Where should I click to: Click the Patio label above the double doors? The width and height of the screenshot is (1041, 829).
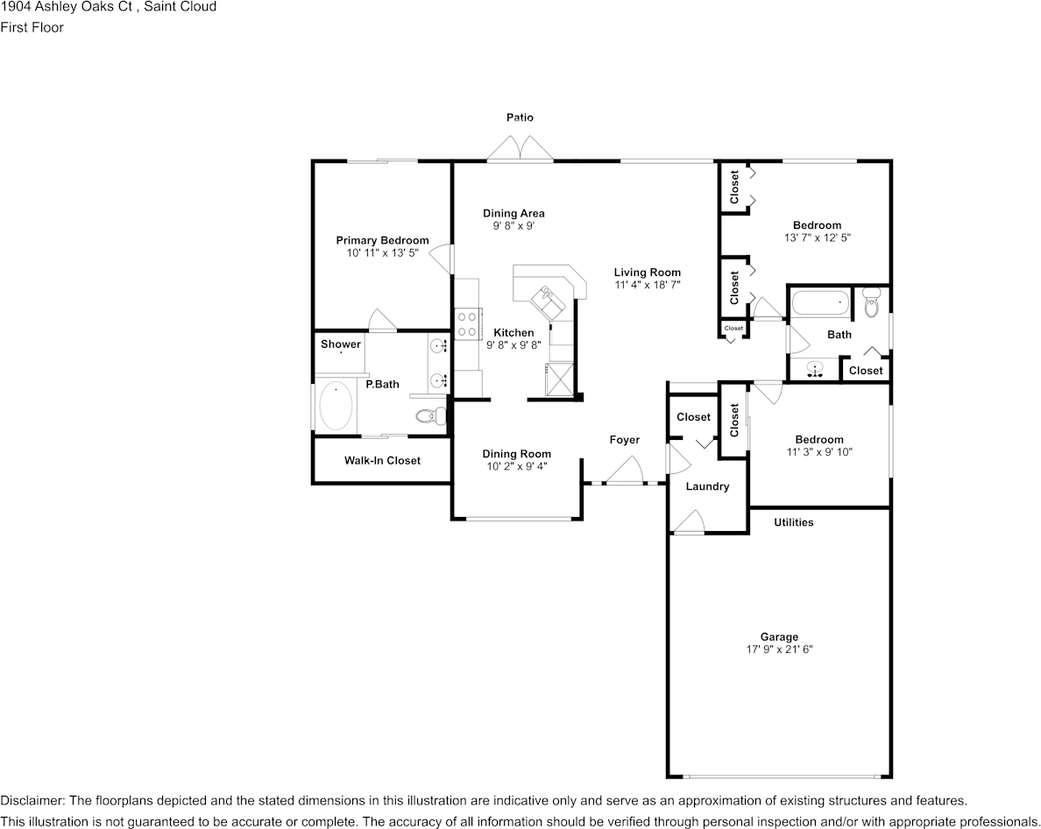(520, 117)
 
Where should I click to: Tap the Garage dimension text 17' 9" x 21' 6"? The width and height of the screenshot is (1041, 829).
(779, 650)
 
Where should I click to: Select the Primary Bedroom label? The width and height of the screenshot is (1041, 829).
(382, 240)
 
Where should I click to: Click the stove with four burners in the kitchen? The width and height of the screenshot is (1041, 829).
(466, 324)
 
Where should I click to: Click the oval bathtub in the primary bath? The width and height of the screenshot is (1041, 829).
(335, 407)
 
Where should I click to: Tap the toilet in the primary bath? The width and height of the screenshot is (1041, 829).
(428, 416)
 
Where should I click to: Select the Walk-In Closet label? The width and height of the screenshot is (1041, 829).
(382, 460)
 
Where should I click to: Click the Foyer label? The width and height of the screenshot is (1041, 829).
(625, 440)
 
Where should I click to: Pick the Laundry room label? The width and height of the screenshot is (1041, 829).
(707, 486)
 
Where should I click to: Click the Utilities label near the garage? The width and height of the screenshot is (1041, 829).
(793, 522)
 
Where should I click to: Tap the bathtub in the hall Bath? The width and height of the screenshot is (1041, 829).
(820, 303)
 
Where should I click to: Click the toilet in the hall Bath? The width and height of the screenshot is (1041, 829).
(871, 302)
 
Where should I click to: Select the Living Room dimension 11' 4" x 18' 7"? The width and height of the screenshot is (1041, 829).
(647, 285)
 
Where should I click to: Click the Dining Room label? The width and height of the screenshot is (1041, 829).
(517, 454)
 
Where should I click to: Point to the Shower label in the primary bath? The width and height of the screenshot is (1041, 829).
(340, 344)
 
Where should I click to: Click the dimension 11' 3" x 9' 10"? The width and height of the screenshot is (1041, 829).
(818, 452)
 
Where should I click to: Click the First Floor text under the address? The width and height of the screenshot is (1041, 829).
(32, 27)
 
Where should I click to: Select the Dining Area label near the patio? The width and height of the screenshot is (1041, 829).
(513, 213)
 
